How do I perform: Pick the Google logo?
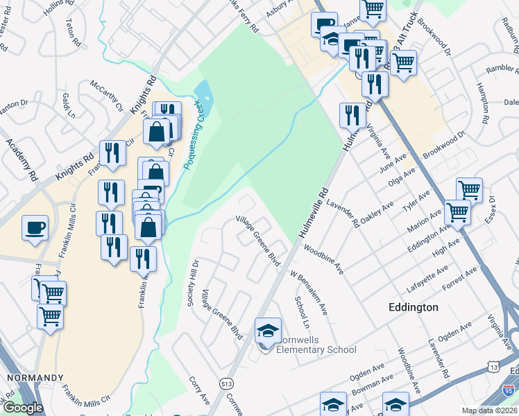point(24,407)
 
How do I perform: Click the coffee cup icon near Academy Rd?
point(35,227)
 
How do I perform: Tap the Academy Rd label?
point(21,159)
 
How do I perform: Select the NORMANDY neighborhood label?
point(35,378)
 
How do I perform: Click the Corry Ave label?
point(200,391)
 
